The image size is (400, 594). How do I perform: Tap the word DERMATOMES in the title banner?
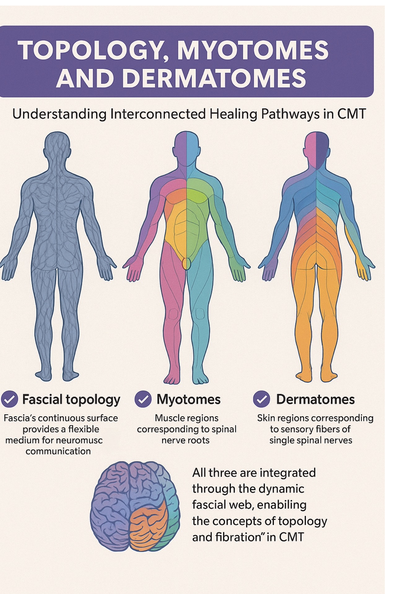click(x=214, y=78)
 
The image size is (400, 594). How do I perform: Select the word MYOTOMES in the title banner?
click(x=253, y=50)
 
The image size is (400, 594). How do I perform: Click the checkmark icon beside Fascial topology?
click(x=9, y=399)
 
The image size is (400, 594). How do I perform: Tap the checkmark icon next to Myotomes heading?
click(x=143, y=399)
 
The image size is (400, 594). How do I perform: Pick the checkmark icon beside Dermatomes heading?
click(x=261, y=399)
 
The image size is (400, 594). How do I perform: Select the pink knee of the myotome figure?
click(x=172, y=314)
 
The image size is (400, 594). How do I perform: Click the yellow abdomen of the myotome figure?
click(x=177, y=230)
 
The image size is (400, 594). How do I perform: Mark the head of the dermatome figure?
click(x=316, y=149)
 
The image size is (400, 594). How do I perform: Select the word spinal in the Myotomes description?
click(x=224, y=429)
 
